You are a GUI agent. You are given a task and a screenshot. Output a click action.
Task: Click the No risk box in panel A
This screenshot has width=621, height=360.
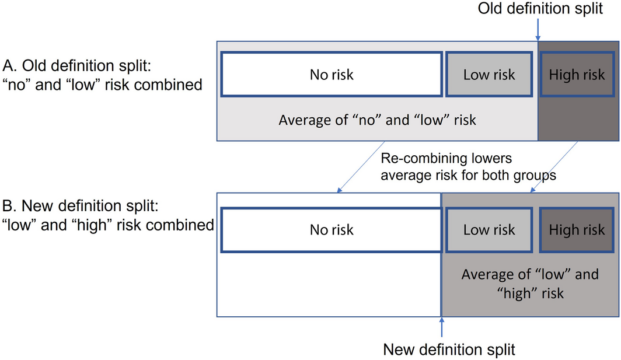(332, 75)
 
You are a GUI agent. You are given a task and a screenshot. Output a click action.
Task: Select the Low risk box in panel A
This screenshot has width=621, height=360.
(489, 75)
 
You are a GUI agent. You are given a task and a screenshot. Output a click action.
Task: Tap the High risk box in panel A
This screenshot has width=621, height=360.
(577, 75)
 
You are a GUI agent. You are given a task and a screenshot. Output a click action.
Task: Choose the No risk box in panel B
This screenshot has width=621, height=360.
(332, 230)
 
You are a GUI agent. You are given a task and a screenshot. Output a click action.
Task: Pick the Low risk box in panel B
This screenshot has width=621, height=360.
(489, 230)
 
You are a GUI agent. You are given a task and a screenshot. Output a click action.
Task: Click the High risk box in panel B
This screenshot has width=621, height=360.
(577, 230)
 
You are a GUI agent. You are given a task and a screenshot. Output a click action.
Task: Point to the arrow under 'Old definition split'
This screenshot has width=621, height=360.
(538, 29)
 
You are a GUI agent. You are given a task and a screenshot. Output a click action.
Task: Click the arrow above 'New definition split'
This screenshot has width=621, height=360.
(442, 327)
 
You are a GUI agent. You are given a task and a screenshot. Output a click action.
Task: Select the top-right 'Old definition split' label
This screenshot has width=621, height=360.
(540, 8)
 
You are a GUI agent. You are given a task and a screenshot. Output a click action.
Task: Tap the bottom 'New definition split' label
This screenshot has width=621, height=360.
(449, 349)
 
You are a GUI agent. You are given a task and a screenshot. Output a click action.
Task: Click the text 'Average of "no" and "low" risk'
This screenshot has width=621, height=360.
(377, 120)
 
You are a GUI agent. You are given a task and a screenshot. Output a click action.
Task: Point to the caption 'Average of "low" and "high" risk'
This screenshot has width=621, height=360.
(530, 284)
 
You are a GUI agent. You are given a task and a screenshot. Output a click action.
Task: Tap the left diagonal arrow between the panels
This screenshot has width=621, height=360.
(361, 167)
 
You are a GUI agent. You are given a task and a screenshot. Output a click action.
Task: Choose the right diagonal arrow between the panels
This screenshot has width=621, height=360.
(554, 167)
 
